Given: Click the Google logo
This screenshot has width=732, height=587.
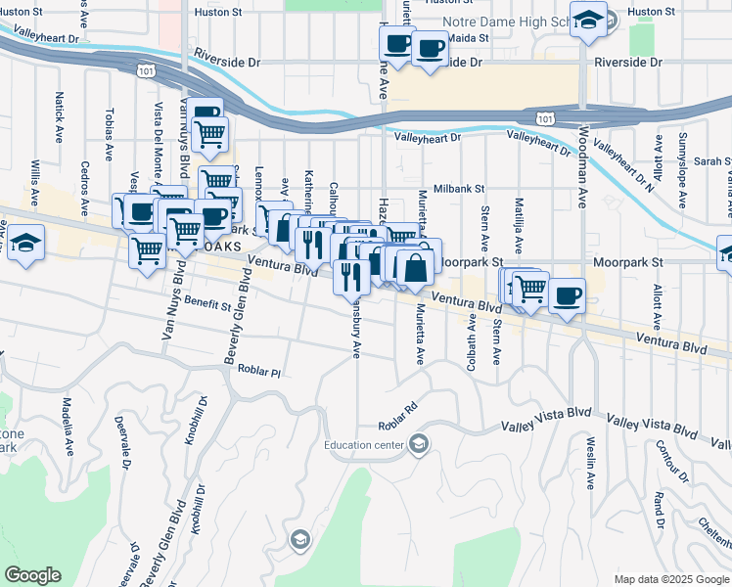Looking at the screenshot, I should [32, 575].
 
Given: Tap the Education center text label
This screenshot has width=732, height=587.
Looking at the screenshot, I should [364, 446].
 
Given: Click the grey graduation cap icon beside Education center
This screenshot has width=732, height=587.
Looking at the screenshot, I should [418, 446].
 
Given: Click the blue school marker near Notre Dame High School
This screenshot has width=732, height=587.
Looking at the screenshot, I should [588, 20].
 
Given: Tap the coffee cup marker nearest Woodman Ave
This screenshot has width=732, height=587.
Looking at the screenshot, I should [566, 294].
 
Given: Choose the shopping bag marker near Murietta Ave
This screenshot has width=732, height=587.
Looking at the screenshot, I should [416, 266].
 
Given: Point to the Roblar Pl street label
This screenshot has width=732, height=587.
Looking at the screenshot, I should [262, 373].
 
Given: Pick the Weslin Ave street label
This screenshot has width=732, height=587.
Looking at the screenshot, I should [591, 464].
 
